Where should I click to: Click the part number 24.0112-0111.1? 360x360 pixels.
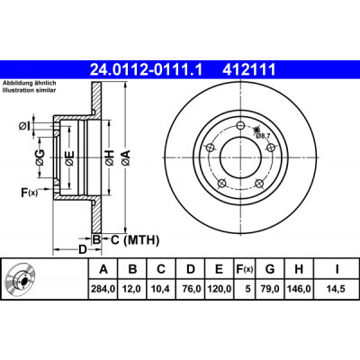[147, 69]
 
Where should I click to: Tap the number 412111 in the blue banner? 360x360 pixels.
[249, 69]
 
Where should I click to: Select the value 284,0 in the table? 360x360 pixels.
[103, 289]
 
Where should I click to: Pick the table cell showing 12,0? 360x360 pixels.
[132, 289]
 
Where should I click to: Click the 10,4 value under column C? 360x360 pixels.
[161, 289]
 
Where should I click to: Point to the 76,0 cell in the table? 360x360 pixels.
[190, 289]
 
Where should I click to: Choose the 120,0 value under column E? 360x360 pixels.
[220, 289]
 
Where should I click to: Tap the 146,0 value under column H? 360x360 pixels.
[299, 289]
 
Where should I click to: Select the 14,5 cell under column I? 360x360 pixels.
[336, 289]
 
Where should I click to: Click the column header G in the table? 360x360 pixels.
[270, 269]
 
